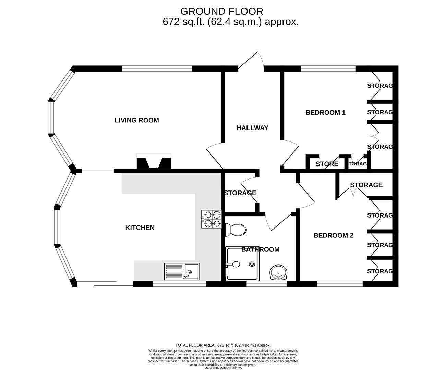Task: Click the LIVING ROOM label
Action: click(x=136, y=120)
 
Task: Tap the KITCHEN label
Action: click(x=140, y=228)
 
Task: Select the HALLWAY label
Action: click(x=252, y=128)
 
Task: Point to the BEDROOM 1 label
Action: click(x=325, y=112)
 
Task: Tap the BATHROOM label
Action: click(x=260, y=249)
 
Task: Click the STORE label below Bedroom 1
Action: click(x=327, y=164)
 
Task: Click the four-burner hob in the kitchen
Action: click(x=212, y=219)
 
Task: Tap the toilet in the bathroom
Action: click(x=236, y=230)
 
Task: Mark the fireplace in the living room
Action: click(x=154, y=162)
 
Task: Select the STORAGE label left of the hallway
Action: click(x=240, y=193)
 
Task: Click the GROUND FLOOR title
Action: click(x=221, y=11)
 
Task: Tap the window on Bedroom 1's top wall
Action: click(x=328, y=69)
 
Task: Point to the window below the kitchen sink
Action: click(x=179, y=284)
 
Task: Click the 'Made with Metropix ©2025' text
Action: click(x=223, y=368)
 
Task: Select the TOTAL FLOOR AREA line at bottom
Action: click(x=223, y=345)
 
